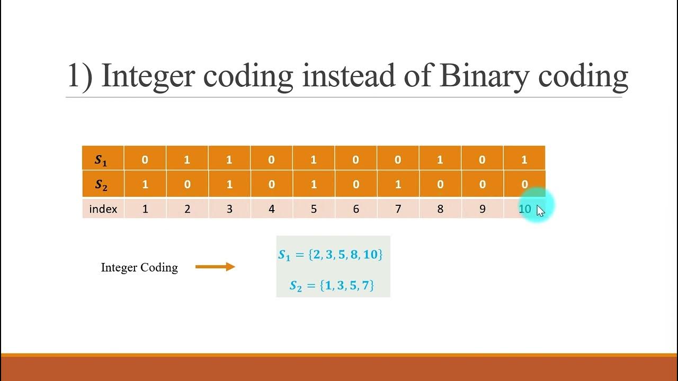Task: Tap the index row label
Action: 103,209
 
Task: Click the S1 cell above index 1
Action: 145,160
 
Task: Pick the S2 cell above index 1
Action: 145,185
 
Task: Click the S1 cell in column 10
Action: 524,160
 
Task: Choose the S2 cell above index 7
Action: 398,185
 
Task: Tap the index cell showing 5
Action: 314,209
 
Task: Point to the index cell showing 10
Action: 524,209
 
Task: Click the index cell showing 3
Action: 229,209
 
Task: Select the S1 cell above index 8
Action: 440,160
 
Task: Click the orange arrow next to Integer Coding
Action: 215,267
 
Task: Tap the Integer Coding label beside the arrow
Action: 139,268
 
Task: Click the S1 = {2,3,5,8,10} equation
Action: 331,255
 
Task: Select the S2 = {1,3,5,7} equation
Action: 332,286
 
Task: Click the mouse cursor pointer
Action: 540,211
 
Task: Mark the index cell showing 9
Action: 482,209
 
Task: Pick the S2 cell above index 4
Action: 271,185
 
